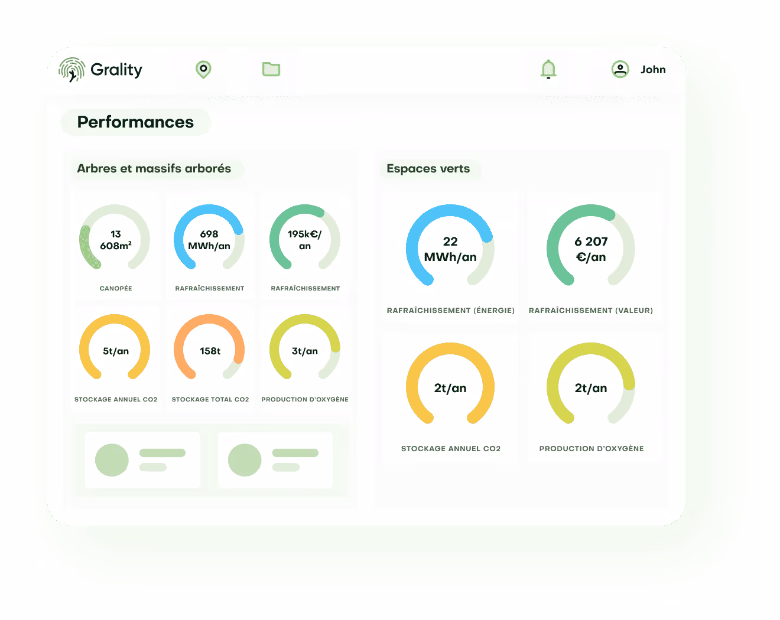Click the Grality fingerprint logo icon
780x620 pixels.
pos(71,70)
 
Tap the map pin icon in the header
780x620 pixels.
pos(203,70)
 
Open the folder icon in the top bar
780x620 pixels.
pos(271,70)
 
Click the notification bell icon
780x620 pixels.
pos(548,70)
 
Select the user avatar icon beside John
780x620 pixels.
pos(620,70)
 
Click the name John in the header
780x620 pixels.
pos(653,70)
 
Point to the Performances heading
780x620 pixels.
pos(135,122)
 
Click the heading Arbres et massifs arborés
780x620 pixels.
pos(154,169)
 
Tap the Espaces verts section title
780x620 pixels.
pos(428,169)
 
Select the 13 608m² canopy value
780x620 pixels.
pos(116,240)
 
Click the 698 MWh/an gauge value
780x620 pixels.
pos(209,240)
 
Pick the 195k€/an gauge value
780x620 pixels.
pos(305,240)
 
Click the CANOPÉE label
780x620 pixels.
pos(116,289)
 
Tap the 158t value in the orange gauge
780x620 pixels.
pos(210,351)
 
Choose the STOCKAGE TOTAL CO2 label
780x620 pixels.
pos(210,400)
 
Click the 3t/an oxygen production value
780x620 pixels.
pos(305,351)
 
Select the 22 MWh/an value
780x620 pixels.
pos(450,249)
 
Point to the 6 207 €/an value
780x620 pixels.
pos(591,249)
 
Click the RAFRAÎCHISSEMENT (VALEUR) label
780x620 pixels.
pos(591,311)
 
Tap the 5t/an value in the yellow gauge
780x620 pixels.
pos(116,351)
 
